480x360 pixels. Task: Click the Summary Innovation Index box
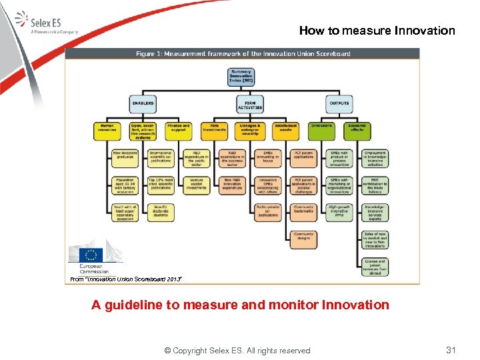[241, 75]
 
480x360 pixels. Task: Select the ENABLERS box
[143, 103]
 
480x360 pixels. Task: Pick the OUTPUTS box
[339, 103]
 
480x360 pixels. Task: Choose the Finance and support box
[178, 129]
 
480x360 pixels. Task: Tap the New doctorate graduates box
[124, 157]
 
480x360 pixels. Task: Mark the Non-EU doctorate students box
[160, 212]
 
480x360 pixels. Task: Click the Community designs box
[303, 238]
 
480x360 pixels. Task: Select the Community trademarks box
[303, 212]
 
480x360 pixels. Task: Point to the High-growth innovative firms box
[339, 212]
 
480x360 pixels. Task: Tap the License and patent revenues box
[375, 267]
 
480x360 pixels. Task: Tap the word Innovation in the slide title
[425, 31]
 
